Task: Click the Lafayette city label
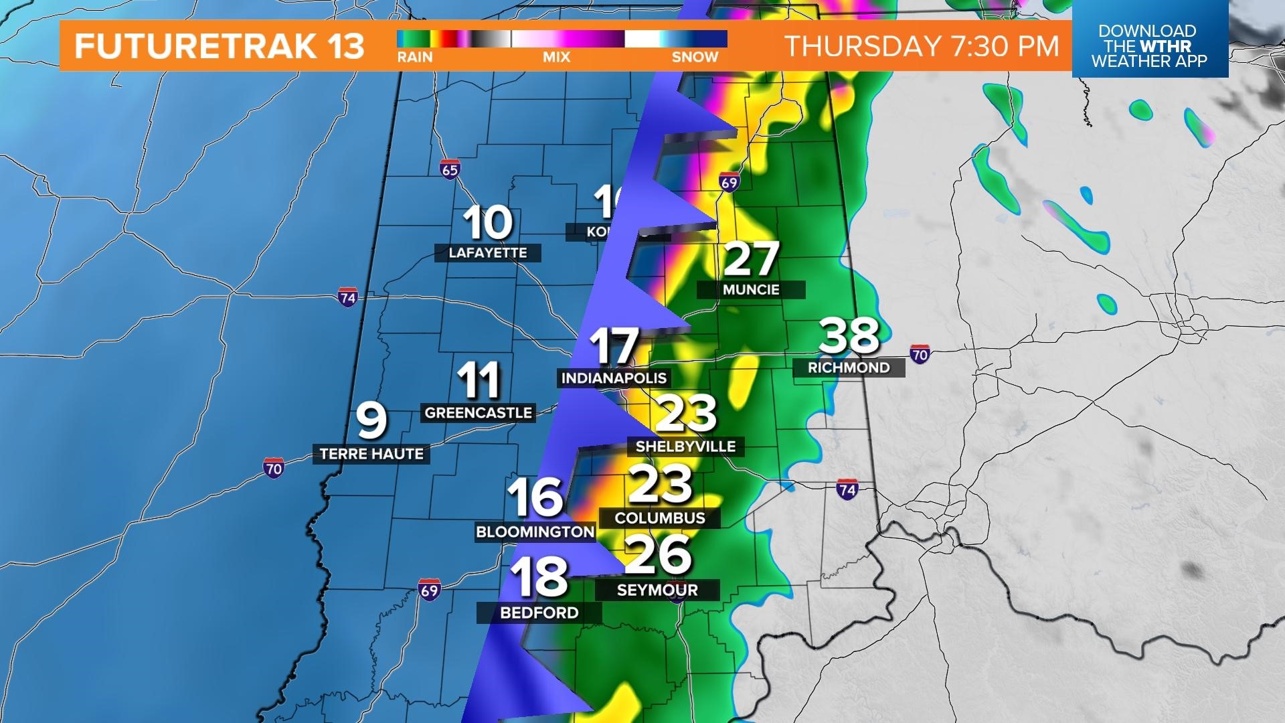point(487,252)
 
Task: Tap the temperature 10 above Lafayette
point(488,223)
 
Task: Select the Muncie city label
point(751,289)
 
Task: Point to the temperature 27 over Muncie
point(752,259)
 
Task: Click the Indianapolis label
point(614,378)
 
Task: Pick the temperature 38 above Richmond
point(849,336)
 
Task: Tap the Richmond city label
point(849,368)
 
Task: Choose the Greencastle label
point(479,412)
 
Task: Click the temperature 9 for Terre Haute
point(371,420)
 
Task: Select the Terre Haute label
point(371,454)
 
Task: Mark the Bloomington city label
point(535,532)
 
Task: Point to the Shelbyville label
point(685,446)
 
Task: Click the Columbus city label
point(660,517)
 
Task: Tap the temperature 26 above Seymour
point(658,554)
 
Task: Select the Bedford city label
point(539,613)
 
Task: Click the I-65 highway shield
point(450,169)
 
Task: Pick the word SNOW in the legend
point(695,58)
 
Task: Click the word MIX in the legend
point(556,58)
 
